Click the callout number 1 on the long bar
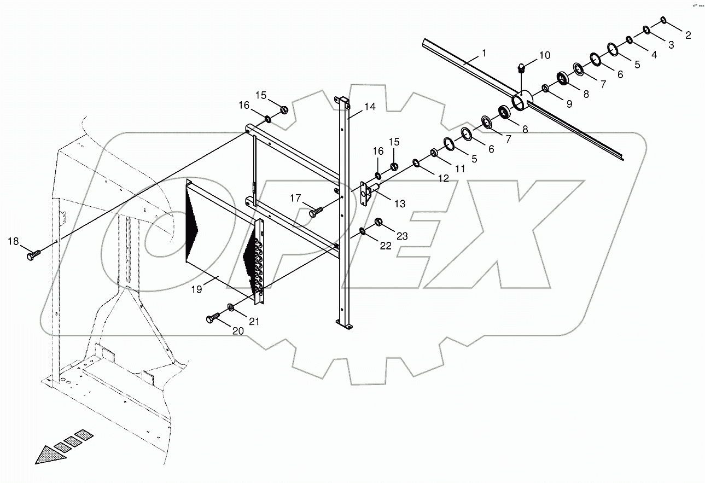484,53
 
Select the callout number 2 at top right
688,36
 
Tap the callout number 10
545,55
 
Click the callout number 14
370,107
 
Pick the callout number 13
400,203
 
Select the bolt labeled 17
316,211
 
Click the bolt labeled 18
34,254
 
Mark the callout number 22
386,246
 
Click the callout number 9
569,104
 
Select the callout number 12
442,178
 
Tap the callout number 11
459,169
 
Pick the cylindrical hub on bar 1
522,101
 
